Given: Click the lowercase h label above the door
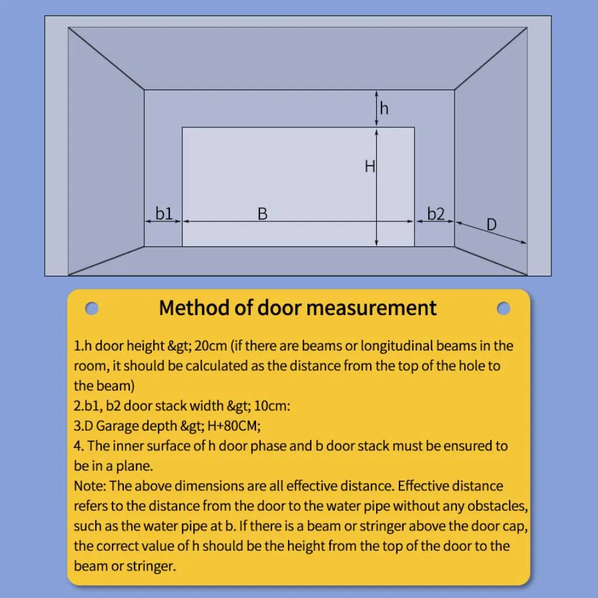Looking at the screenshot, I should (384, 108).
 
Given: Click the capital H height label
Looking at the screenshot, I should (370, 166).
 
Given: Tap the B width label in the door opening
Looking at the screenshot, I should (262, 213).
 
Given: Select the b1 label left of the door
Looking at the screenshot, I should (164, 213).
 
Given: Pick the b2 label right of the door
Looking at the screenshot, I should (435, 213).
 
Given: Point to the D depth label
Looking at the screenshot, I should (491, 225).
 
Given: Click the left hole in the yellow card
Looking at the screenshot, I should (91, 308).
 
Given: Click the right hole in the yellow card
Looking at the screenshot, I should (504, 308).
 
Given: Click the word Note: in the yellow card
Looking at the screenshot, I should (90, 486).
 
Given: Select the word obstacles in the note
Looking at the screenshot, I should (495, 506).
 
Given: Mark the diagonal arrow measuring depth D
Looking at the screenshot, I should (491, 233).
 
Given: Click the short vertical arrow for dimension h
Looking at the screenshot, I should (376, 108).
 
